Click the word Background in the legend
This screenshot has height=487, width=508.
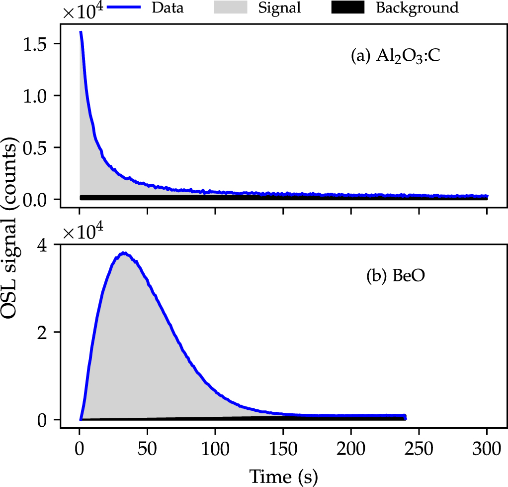(x=417, y=8)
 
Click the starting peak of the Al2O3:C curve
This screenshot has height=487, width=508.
(x=81, y=32)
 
